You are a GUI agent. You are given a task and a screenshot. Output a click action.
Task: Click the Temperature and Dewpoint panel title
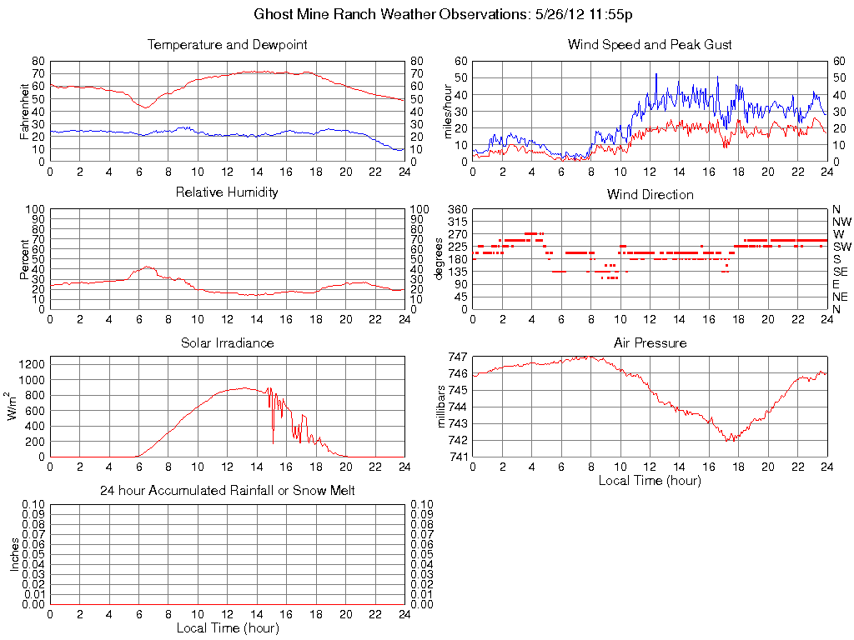point(227,45)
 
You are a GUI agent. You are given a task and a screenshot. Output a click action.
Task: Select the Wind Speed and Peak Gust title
point(650,45)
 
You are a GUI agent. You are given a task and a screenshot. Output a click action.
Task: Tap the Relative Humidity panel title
point(227,192)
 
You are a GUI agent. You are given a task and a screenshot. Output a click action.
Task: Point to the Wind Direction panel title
point(650,194)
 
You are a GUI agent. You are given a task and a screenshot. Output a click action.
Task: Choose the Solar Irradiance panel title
point(227,342)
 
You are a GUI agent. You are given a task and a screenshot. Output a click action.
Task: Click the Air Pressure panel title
point(650,342)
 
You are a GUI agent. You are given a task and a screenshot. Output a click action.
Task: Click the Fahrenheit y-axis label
point(25,111)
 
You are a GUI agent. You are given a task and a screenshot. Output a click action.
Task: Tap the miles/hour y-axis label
point(448,111)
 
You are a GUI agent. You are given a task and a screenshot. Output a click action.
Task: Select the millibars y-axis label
point(444,407)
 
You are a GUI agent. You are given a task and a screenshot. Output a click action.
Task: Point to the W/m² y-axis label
point(14,407)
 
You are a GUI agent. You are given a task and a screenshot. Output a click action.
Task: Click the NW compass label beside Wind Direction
point(841,222)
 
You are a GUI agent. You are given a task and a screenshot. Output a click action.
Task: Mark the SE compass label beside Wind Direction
point(841,272)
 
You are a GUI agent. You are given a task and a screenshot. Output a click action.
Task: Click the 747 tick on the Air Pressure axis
point(457,357)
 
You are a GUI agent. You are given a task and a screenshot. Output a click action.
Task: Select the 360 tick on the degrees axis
point(456,209)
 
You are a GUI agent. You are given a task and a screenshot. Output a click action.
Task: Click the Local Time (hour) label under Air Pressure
point(650,480)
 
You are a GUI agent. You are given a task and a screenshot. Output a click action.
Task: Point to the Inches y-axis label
point(14,554)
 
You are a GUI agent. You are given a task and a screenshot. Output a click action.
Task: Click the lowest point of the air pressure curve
point(729,440)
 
